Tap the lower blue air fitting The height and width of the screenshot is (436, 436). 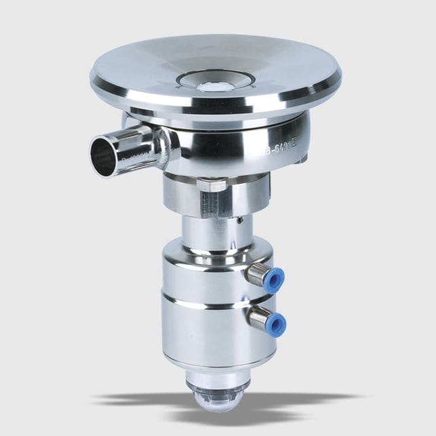coord(275,323)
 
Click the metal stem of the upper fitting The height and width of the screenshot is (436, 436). coord(256,273)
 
